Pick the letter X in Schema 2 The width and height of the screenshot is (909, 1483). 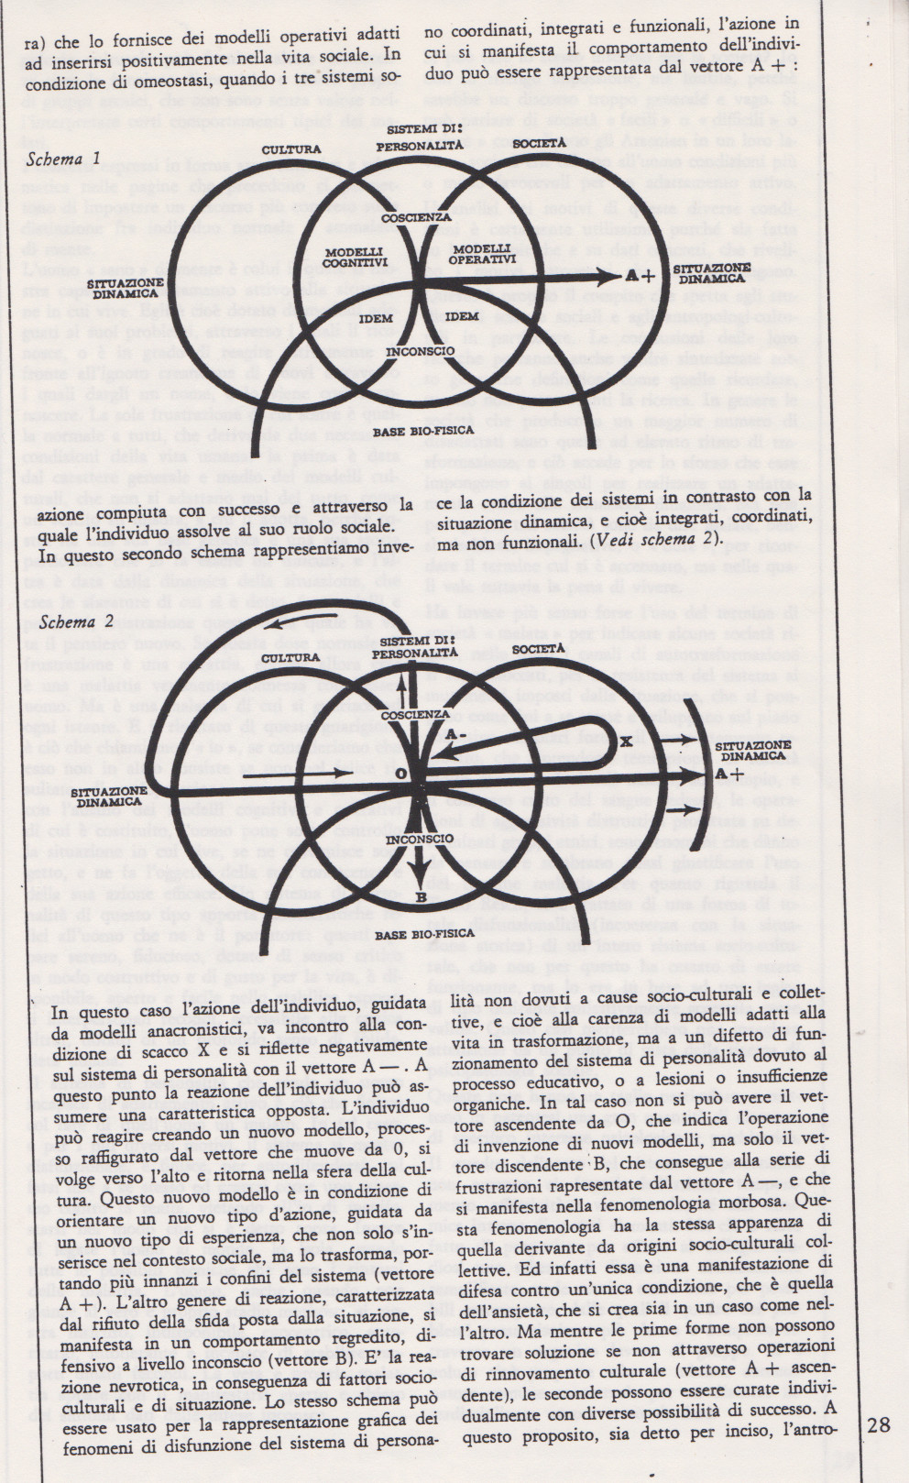pyautogui.click(x=627, y=740)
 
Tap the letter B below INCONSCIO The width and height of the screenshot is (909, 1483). pyautogui.click(x=421, y=897)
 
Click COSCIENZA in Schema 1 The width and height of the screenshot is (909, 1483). pyautogui.click(x=417, y=217)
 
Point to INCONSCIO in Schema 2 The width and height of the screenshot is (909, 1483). pyautogui.click(x=419, y=839)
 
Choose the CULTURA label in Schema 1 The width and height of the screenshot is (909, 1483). pyautogui.click(x=291, y=148)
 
